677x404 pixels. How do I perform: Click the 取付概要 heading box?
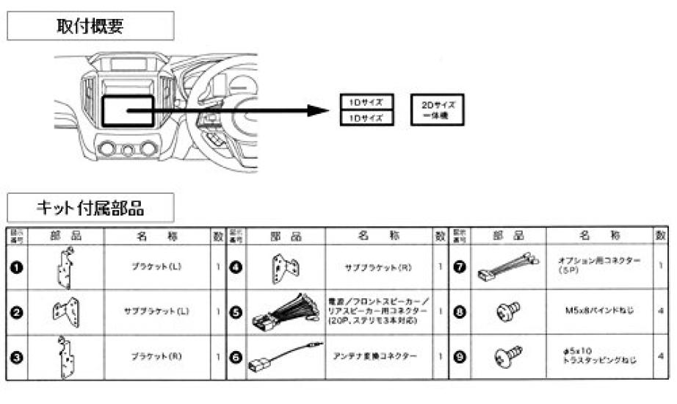click(x=90, y=26)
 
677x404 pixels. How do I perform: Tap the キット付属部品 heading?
click(x=90, y=207)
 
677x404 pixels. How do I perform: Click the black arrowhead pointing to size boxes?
click(x=316, y=111)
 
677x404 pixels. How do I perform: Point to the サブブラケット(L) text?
click(x=156, y=311)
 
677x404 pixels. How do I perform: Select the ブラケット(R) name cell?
click(x=156, y=356)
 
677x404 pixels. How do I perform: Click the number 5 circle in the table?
click(x=236, y=311)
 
